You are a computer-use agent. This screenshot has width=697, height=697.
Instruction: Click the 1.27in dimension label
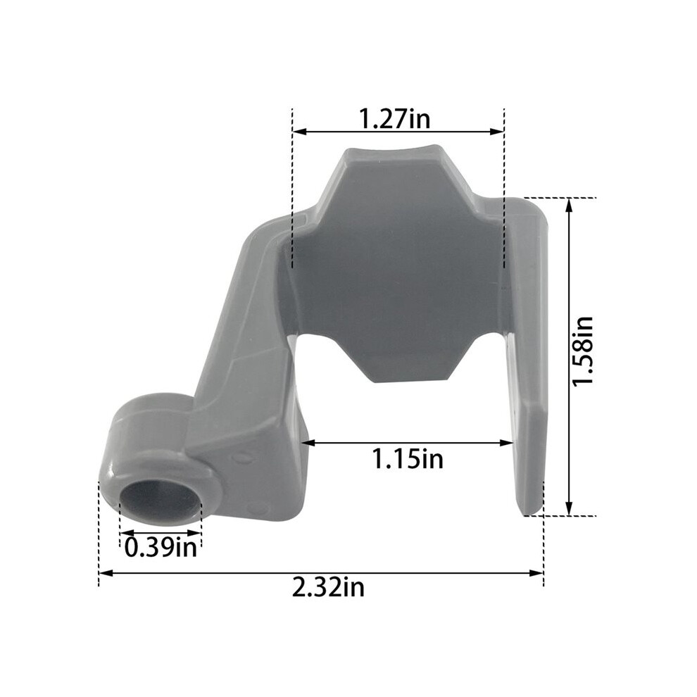[395, 119]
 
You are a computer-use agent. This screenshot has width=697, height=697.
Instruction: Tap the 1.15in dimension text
[408, 459]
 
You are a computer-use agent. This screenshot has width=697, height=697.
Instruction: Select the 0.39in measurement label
[161, 547]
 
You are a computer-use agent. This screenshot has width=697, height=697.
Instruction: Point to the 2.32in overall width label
[329, 587]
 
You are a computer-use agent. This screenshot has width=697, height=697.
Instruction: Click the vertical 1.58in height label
[583, 351]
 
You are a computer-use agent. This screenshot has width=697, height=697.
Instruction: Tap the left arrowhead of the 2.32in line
[106, 573]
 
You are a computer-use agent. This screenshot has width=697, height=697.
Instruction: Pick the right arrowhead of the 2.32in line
[536, 573]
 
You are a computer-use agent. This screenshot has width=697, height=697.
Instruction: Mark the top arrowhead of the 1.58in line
[569, 205]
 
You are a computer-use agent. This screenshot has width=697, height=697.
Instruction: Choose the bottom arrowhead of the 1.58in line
[569, 509]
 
